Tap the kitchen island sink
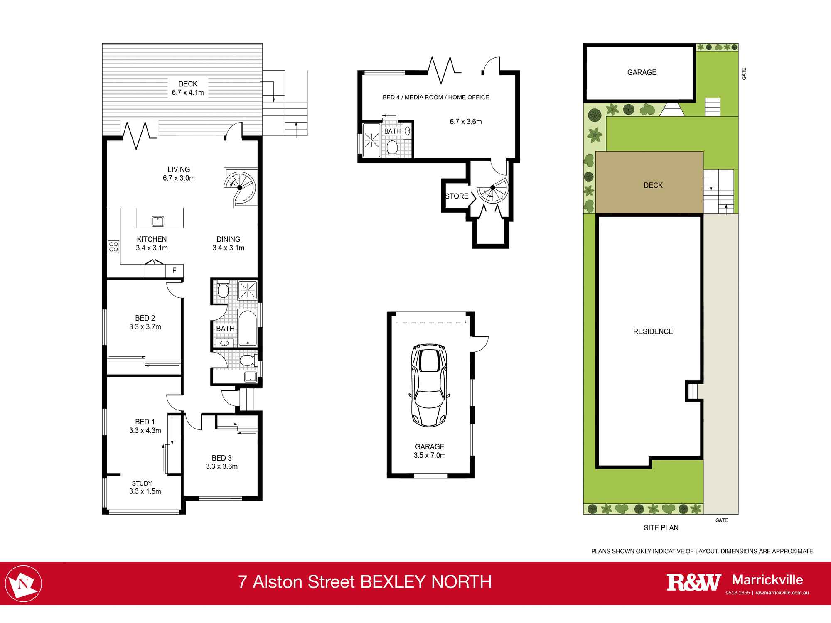[158, 221]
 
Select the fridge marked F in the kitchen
[174, 271]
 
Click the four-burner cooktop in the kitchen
[113, 246]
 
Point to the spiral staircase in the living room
[240, 187]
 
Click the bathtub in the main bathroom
[248, 328]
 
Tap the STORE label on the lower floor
[456, 196]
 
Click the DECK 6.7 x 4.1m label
[188, 88]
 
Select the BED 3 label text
[221, 458]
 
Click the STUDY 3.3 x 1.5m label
[145, 487]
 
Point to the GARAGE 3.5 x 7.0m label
[430, 451]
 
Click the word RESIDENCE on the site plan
[653, 331]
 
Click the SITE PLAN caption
[661, 527]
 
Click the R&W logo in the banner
[693, 582]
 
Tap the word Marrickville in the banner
[767, 579]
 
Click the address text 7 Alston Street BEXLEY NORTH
[365, 582]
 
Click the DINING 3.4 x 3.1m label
[228, 243]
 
